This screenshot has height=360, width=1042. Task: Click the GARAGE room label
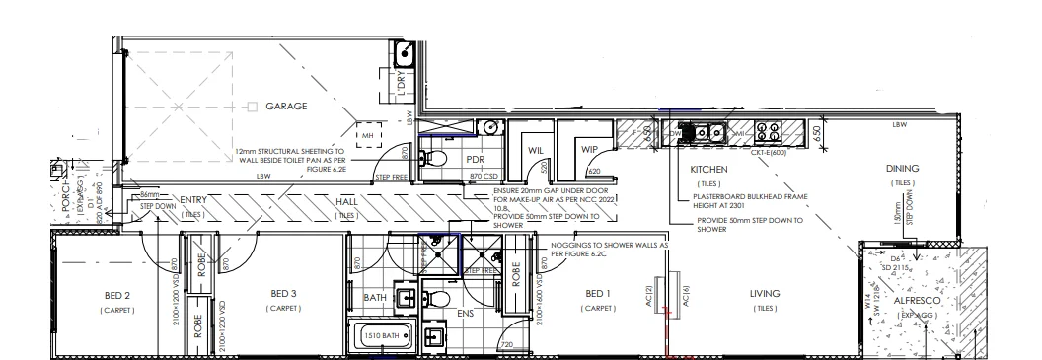click(x=287, y=106)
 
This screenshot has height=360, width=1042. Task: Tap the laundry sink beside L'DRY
click(x=404, y=52)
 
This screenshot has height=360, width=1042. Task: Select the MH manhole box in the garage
click(x=366, y=135)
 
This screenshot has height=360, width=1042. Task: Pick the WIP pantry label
click(x=591, y=151)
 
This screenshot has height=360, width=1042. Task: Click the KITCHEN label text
click(x=708, y=170)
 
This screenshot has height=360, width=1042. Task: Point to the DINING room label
click(x=902, y=169)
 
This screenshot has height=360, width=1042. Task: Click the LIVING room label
click(x=765, y=294)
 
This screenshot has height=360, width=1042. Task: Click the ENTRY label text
click(x=192, y=200)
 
